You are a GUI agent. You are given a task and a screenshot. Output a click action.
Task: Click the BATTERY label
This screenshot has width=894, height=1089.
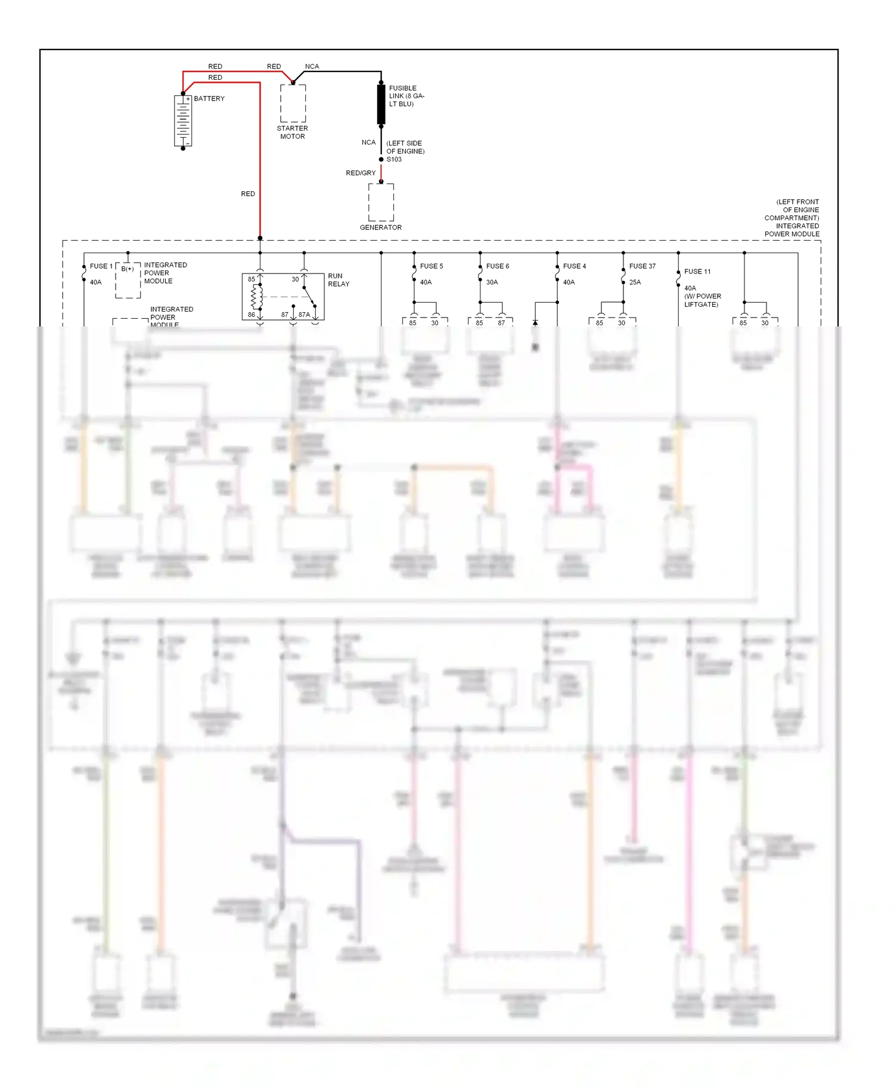(x=209, y=99)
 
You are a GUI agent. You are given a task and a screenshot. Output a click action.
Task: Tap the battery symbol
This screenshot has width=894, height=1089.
(x=183, y=121)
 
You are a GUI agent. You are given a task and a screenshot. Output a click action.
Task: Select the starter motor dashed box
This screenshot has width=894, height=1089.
(x=293, y=104)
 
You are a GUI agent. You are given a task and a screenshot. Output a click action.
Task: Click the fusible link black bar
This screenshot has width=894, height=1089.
(x=381, y=105)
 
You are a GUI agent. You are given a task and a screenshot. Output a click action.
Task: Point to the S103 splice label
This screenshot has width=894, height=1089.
(x=394, y=160)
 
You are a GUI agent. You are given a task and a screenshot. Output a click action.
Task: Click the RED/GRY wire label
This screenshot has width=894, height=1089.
(x=361, y=173)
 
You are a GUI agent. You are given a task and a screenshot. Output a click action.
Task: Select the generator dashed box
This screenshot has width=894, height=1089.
(x=381, y=202)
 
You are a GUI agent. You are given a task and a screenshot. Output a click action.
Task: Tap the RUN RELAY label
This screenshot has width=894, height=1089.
(x=339, y=280)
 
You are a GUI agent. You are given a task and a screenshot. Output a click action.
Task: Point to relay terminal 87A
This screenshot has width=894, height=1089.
(x=304, y=315)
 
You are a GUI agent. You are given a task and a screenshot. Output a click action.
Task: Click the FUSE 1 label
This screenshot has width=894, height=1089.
(x=101, y=266)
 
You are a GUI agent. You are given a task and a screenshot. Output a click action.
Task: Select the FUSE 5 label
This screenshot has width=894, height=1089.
(x=432, y=266)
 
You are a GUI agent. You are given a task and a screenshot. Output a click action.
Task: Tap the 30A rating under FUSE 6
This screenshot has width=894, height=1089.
(x=492, y=282)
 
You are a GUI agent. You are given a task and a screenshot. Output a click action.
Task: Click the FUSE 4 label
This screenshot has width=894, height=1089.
(x=575, y=266)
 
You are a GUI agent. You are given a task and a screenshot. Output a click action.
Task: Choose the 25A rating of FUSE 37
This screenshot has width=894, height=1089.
(x=635, y=282)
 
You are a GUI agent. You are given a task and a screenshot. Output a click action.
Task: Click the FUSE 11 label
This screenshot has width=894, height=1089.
(x=697, y=272)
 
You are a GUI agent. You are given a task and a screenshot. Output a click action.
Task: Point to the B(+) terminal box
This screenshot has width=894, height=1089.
(x=128, y=280)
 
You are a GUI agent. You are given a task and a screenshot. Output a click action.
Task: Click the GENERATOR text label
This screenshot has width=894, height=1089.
(x=381, y=228)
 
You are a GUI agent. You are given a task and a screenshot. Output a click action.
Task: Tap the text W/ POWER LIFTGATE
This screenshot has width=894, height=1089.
(x=703, y=300)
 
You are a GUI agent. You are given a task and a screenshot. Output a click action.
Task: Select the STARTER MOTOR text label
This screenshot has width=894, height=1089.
(x=293, y=132)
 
